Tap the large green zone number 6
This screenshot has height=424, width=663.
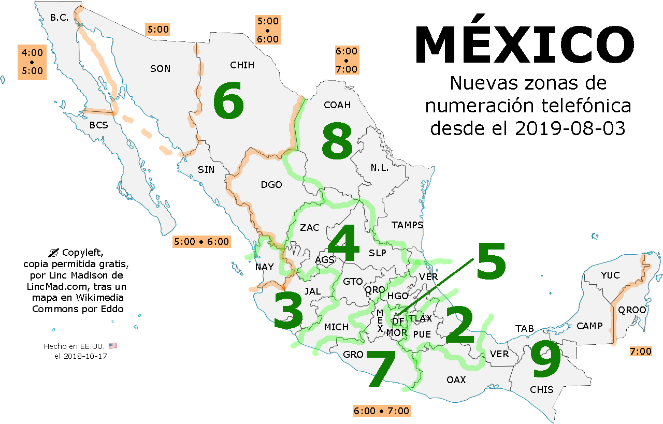click(228, 102)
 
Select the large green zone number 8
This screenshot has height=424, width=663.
click(337, 141)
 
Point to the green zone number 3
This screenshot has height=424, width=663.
click(288, 311)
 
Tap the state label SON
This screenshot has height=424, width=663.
click(160, 69)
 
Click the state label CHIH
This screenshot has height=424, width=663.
click(242, 65)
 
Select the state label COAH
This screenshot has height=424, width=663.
click(337, 105)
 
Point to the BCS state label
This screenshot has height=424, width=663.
click(98, 125)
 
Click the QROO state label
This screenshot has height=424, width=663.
click(632, 310)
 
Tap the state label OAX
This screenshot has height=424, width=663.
click(456, 380)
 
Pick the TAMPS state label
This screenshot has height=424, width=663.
click(407, 225)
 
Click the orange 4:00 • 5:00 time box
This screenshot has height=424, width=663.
click(33, 62)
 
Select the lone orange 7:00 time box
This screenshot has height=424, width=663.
click(640, 352)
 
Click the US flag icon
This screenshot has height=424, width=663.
click(113, 345)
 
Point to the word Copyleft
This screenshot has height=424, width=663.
click(82, 253)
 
